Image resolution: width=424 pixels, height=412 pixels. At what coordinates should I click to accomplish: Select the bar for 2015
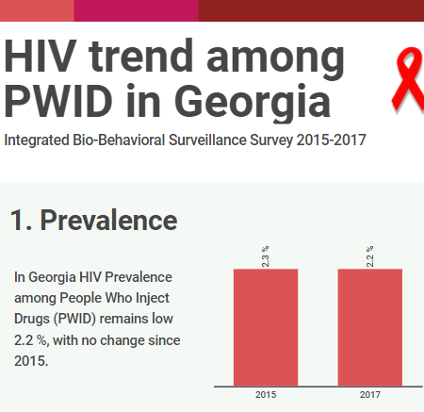click(x=266, y=327)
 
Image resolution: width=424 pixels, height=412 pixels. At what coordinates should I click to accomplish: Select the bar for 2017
click(x=370, y=327)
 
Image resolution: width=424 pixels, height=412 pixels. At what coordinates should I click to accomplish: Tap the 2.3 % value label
click(x=266, y=256)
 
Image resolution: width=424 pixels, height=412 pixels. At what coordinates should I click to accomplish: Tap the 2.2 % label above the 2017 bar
click(x=370, y=256)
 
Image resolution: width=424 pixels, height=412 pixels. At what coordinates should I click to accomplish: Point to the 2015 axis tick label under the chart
click(x=266, y=394)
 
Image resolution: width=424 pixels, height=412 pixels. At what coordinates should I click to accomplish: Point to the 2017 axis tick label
click(x=370, y=394)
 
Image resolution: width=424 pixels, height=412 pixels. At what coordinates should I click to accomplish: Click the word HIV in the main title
click(x=41, y=57)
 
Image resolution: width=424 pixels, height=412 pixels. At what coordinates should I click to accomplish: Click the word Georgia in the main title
click(x=253, y=101)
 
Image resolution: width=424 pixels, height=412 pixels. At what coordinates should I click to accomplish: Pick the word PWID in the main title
click(x=58, y=101)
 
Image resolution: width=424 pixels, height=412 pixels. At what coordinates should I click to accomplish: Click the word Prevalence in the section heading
click(x=108, y=221)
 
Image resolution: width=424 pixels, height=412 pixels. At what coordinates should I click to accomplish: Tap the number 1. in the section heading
click(x=21, y=221)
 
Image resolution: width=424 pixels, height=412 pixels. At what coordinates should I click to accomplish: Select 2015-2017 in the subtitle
click(x=332, y=140)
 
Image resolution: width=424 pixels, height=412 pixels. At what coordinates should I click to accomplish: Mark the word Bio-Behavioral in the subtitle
click(x=119, y=140)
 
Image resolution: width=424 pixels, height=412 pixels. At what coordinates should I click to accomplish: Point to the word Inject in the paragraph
click(x=153, y=298)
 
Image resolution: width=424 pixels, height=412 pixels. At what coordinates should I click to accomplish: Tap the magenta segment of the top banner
click(x=137, y=10)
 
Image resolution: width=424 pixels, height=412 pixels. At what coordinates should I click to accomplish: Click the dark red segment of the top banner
click(x=311, y=10)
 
